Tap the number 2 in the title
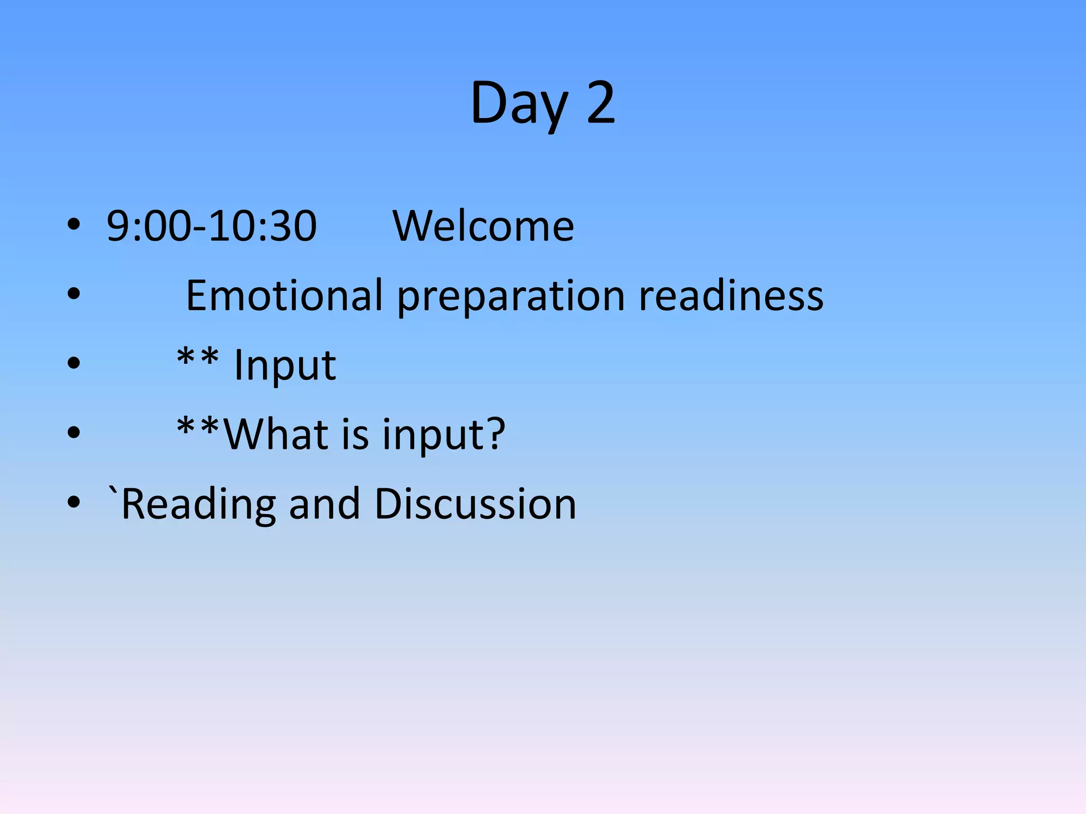point(601,102)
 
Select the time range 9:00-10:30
point(212,226)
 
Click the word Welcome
point(483,226)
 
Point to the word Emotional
point(284,295)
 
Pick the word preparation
point(511,297)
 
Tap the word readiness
point(731,295)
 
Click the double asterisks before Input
point(198,358)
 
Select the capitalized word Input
point(285,366)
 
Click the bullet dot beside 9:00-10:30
point(74,225)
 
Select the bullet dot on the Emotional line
point(74,294)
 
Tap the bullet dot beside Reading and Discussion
point(74,501)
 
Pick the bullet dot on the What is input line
point(74,432)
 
